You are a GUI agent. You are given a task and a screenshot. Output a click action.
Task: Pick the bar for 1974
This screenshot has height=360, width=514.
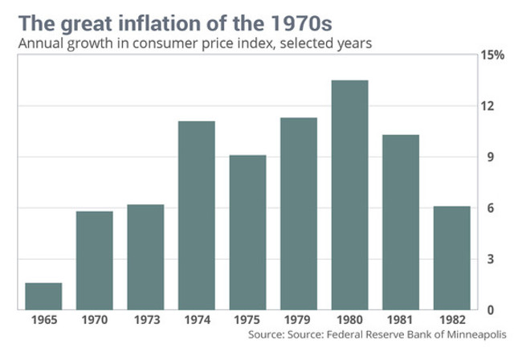tap(196, 215)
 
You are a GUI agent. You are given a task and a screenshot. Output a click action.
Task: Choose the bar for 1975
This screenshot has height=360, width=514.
tap(247, 232)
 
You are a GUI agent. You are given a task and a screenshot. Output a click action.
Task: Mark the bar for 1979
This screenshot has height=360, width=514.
tap(299, 214)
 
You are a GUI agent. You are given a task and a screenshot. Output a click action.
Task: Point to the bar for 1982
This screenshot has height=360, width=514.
tap(451, 258)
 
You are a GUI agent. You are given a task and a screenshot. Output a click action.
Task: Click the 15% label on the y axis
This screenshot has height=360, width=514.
tap(492, 55)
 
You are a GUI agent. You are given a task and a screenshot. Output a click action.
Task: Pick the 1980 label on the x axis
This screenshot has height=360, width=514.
tap(349, 320)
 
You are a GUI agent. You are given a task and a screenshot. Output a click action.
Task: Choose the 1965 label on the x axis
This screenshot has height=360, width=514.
tap(43, 320)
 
